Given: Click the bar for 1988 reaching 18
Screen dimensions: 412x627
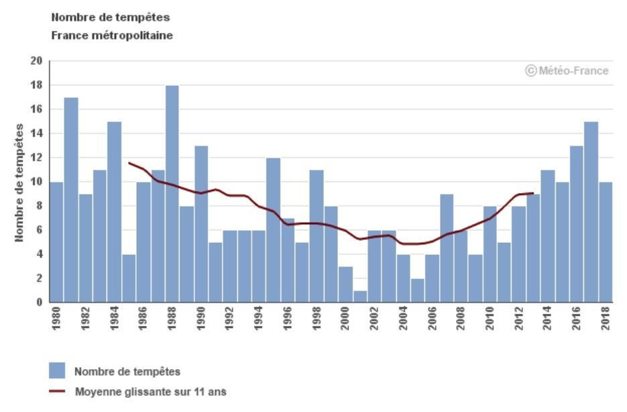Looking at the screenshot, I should pyautogui.click(x=172, y=194).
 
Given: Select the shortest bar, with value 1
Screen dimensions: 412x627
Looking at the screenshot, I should pyautogui.click(x=360, y=296).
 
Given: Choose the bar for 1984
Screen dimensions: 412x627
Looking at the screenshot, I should pyautogui.click(x=115, y=212).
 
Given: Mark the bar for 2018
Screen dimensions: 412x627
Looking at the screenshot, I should pyautogui.click(x=606, y=242).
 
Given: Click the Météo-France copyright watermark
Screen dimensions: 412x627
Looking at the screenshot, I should pyautogui.click(x=567, y=70).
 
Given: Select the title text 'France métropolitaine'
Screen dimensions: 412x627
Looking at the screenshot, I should pyautogui.click(x=112, y=36).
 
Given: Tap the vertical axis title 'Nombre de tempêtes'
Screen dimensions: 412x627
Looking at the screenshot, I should pyautogui.click(x=20, y=182).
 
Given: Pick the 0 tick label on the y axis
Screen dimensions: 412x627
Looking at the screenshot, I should pyautogui.click(x=40, y=303).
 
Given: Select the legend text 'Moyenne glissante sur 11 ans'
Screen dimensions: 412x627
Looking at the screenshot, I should pyautogui.click(x=150, y=392).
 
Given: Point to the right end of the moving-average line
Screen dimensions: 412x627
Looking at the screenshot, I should pyautogui.click(x=533, y=193).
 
